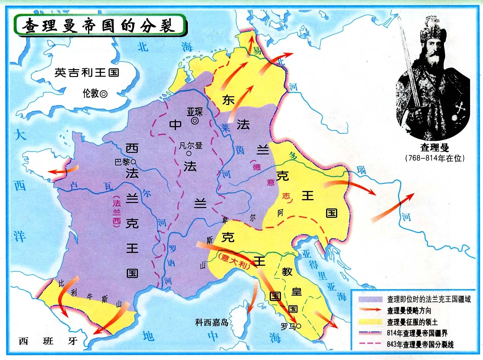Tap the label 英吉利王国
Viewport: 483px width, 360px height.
tap(87, 72)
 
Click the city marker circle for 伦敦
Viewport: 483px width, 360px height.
tap(103, 94)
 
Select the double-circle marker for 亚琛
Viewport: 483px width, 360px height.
tap(195, 121)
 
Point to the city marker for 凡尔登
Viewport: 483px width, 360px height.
tap(189, 153)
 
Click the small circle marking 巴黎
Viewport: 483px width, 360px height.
tap(133, 162)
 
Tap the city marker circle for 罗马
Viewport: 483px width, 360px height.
tap(298, 326)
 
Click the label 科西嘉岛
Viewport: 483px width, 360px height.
tap(212, 322)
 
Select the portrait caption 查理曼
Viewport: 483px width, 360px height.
tap(434, 147)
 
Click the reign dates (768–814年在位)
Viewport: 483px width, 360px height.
tap(435, 158)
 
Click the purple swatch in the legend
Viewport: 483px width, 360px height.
tap(370, 299)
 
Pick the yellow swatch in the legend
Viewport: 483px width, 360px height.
tap(370, 322)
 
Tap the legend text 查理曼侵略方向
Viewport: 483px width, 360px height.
tap(409, 310)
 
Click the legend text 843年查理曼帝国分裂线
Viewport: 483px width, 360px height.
tap(420, 344)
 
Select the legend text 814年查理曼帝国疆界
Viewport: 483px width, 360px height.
tap(417, 333)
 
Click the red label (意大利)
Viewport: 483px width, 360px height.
tap(234, 261)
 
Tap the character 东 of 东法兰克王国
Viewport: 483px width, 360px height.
tap(228, 100)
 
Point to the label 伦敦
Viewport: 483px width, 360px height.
tap(90, 94)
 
